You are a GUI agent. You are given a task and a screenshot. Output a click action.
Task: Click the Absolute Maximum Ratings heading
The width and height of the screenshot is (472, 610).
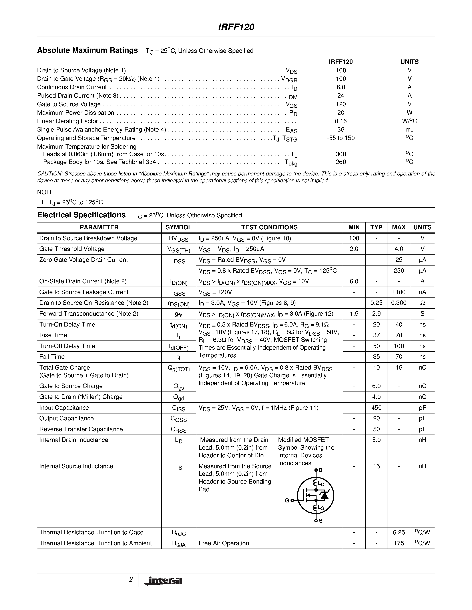coord(87,50)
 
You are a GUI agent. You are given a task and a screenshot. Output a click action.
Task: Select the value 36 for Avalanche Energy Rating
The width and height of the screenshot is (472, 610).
coord(341,130)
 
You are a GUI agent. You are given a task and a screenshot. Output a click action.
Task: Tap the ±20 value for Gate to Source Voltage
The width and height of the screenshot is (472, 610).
coord(341,104)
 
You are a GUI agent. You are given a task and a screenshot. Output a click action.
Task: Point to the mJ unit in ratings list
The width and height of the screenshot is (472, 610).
coord(409,130)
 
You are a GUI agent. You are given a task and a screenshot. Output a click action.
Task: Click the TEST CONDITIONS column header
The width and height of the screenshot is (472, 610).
coord(269,227)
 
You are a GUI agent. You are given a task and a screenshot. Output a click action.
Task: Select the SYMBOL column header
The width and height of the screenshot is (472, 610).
coord(178,227)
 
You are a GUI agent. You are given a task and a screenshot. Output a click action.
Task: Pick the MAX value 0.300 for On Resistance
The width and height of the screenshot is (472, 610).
coord(399,303)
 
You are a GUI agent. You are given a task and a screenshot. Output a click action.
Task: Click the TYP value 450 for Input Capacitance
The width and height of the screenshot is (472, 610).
coord(376,407)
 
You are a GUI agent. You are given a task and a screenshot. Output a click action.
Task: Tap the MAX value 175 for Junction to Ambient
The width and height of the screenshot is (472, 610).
coord(399,543)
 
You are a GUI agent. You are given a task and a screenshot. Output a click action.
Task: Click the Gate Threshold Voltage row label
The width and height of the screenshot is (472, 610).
coord(72,249)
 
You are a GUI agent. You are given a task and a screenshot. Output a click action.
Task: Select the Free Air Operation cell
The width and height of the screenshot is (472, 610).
coord(224,543)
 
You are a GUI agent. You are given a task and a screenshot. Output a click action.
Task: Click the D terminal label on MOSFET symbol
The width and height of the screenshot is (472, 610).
coord(321,470)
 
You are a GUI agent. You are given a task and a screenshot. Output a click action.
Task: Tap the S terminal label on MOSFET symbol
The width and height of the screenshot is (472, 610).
coord(321,521)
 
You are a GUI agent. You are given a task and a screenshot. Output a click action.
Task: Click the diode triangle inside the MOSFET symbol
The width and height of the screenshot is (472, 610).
coord(324,495)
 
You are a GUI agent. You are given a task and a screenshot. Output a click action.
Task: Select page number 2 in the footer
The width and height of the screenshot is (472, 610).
coord(131,580)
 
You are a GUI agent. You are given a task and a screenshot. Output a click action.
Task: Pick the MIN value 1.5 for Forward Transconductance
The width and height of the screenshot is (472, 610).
coord(354,314)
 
